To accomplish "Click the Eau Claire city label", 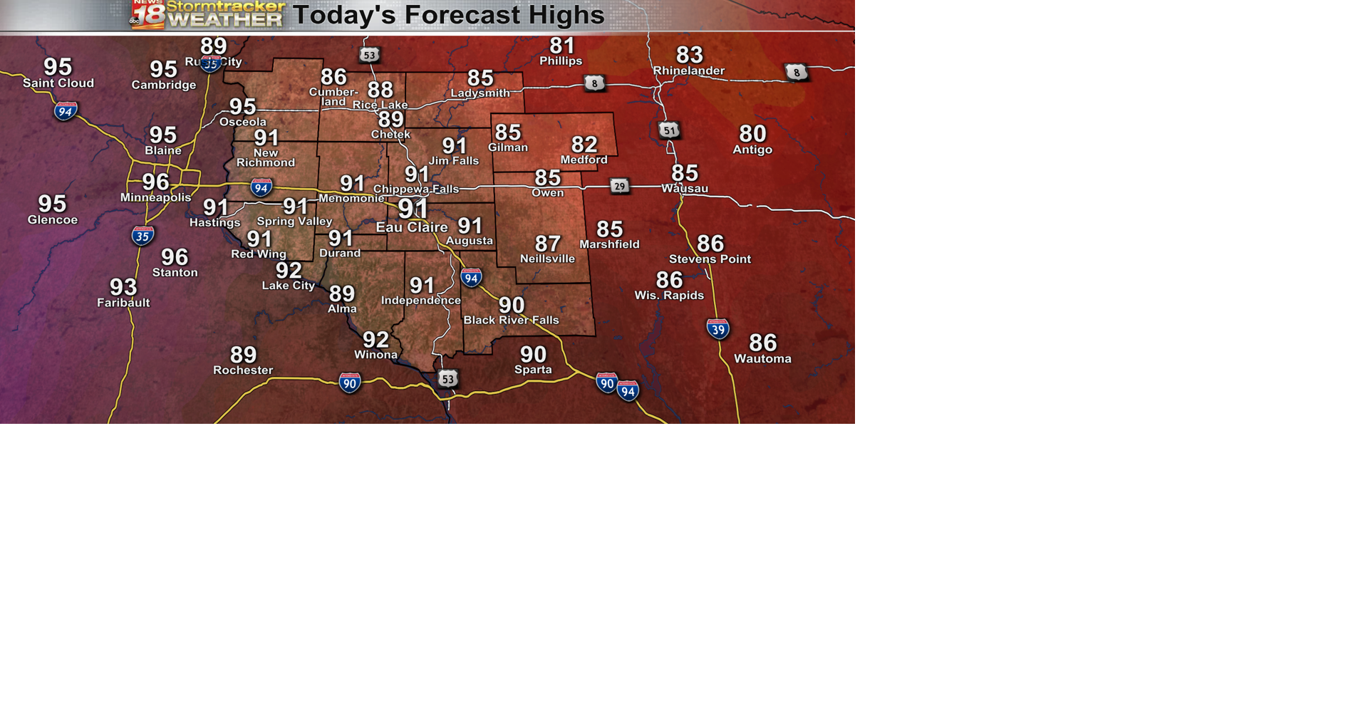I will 412,227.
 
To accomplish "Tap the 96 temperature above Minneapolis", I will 155,182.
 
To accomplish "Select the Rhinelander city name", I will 688,71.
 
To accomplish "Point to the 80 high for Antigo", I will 752,133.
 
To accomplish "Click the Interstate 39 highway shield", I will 717,328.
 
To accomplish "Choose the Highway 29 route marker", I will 620,187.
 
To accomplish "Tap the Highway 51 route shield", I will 668,130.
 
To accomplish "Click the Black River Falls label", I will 511,320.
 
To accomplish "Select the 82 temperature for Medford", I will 584,145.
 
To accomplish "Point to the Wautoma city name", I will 762,358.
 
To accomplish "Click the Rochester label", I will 243,370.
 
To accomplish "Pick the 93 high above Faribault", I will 123,287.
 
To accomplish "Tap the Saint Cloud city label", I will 58,83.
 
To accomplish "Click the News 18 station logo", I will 148,14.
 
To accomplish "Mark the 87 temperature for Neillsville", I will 547,244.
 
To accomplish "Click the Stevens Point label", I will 710,259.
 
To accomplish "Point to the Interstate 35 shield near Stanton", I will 142,236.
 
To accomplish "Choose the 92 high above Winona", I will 375,340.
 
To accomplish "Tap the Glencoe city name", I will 53,219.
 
